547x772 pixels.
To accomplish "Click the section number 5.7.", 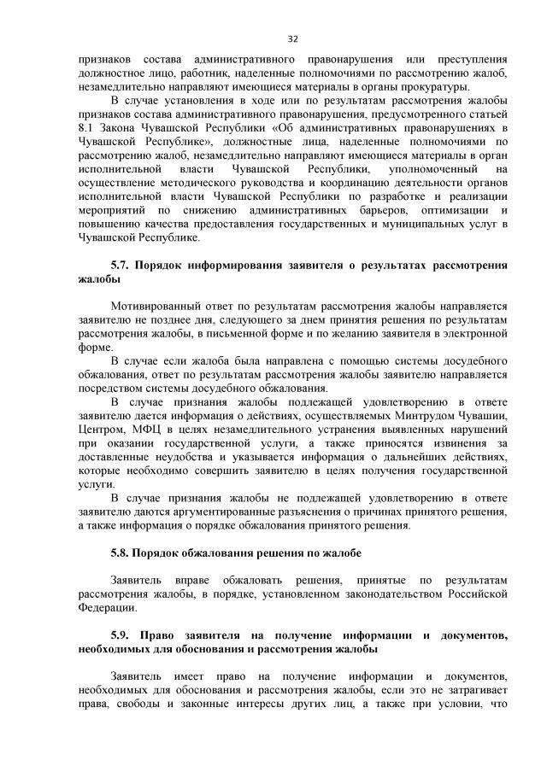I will click(121, 266).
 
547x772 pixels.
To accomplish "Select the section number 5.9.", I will click(121, 636).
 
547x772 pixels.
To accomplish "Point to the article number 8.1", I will click(86, 127).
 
